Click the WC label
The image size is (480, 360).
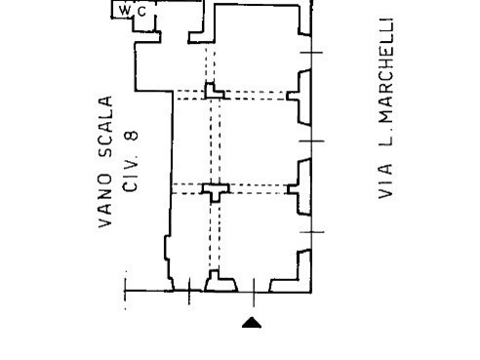(x=134, y=10)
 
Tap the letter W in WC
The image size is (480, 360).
(x=127, y=10)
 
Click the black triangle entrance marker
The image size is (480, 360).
(x=252, y=323)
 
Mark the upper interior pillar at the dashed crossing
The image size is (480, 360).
(x=214, y=93)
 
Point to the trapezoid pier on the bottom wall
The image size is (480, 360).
(x=220, y=284)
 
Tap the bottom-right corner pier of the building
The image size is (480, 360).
(x=305, y=269)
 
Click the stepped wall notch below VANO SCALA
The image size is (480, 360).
(x=168, y=259)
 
